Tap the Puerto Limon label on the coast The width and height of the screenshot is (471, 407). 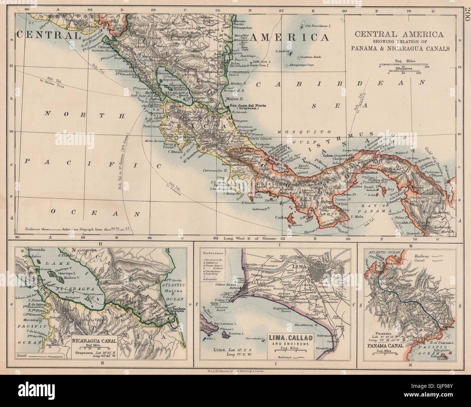click(259, 143)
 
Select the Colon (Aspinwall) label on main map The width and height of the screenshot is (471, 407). click(338, 155)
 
